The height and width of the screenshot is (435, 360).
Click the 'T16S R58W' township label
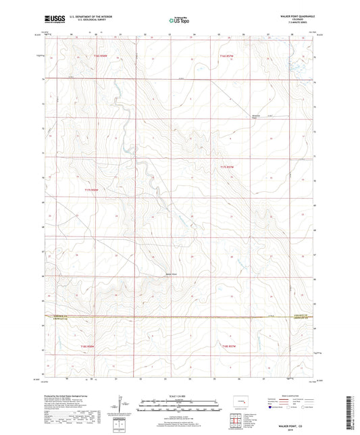tap(101, 55)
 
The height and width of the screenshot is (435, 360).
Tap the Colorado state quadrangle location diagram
tap(238, 403)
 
